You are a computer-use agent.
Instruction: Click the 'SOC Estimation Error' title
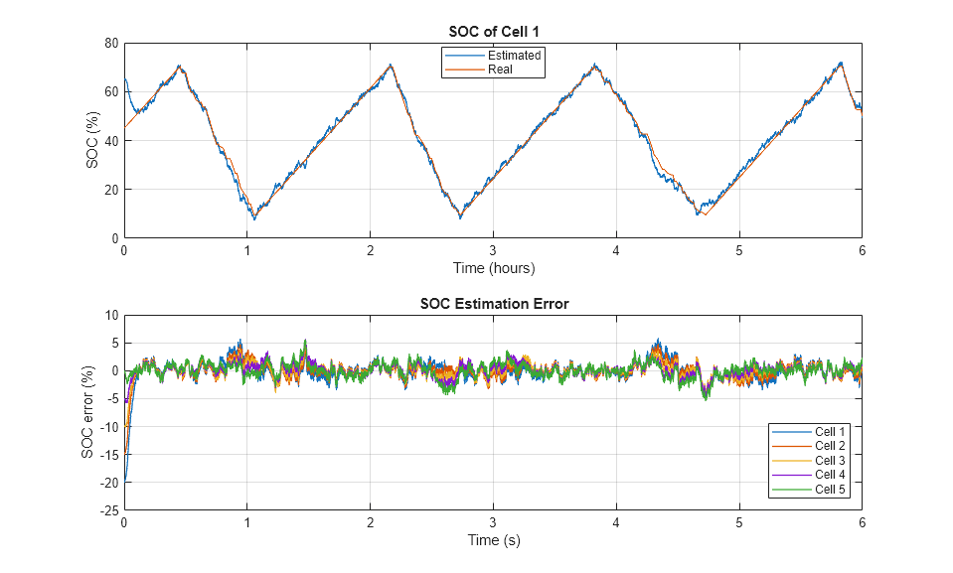click(492, 304)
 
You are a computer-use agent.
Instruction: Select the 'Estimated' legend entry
click(514, 56)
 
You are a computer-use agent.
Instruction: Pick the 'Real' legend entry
click(501, 69)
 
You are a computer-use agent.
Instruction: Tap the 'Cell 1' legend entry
click(830, 431)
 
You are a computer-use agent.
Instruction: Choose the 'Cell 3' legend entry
click(830, 460)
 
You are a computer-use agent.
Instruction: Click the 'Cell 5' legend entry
click(830, 490)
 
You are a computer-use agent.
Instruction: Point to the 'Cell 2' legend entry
click(830, 446)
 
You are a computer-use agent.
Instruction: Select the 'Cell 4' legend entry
click(830, 475)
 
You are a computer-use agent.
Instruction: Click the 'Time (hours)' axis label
click(492, 268)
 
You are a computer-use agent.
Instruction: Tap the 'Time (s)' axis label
click(492, 540)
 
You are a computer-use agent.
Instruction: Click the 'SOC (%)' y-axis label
click(92, 141)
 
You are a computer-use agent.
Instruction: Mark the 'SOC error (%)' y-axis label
click(87, 412)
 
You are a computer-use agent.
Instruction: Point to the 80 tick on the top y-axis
click(111, 44)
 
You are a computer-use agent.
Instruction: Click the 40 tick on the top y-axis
click(111, 141)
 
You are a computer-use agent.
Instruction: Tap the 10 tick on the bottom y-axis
click(111, 316)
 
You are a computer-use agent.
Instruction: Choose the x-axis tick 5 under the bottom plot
click(738, 523)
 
